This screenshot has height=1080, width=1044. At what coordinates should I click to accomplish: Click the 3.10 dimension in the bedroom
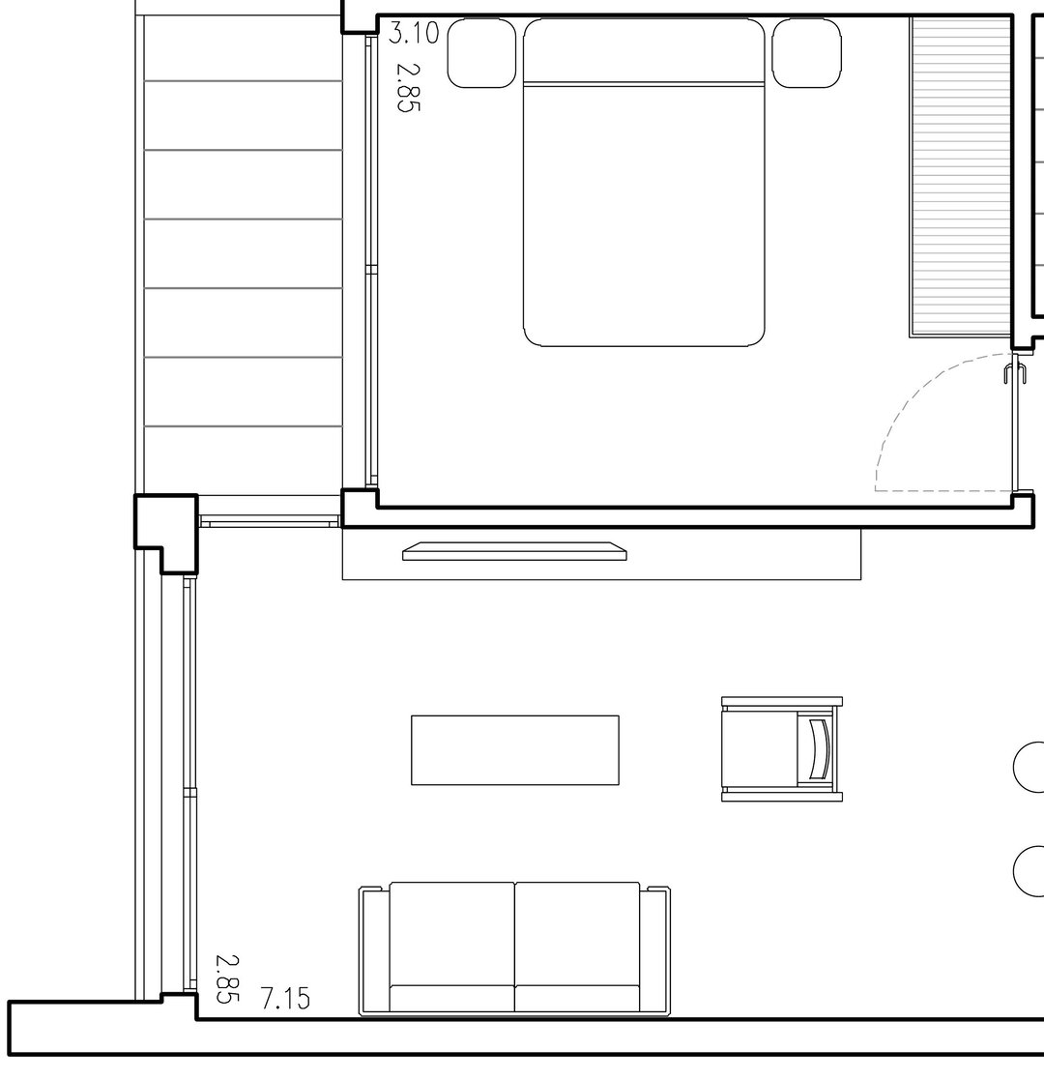click(413, 32)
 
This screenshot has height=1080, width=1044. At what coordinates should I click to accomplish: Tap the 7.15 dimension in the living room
click(285, 998)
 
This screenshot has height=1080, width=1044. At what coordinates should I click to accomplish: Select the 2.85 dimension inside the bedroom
click(408, 87)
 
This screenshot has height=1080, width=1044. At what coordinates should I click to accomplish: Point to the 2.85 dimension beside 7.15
click(228, 978)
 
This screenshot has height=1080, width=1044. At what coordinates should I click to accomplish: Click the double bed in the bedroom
click(644, 182)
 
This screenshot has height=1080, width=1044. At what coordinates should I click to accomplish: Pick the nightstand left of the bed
click(481, 53)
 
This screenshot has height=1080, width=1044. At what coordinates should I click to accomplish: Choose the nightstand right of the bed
click(807, 53)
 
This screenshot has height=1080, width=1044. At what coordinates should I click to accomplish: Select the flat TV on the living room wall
click(514, 551)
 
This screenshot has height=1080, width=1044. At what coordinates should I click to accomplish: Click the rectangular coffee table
click(515, 750)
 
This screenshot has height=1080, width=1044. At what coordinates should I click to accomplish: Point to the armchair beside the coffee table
click(782, 749)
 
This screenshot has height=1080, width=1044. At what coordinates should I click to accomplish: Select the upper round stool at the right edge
click(1029, 767)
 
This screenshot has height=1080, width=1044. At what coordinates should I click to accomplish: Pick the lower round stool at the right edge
click(1029, 870)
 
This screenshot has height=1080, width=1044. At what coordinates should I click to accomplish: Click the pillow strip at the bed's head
click(644, 84)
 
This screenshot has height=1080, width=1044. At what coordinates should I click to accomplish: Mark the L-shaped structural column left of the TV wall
click(166, 531)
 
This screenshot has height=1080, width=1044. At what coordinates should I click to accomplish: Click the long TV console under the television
click(602, 554)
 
